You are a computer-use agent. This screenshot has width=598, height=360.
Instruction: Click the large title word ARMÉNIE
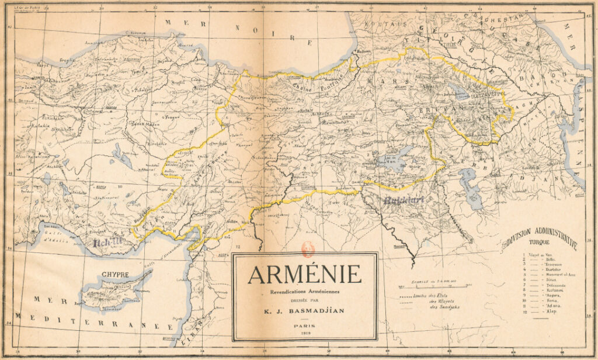coord(304,274)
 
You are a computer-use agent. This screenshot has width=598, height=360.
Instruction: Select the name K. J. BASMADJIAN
coord(304,310)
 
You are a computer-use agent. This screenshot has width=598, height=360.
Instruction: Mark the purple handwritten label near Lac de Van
coord(403,200)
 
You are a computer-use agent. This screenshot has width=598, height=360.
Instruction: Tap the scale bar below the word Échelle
coord(432,288)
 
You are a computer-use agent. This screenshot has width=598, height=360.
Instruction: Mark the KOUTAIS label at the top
coord(385,24)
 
